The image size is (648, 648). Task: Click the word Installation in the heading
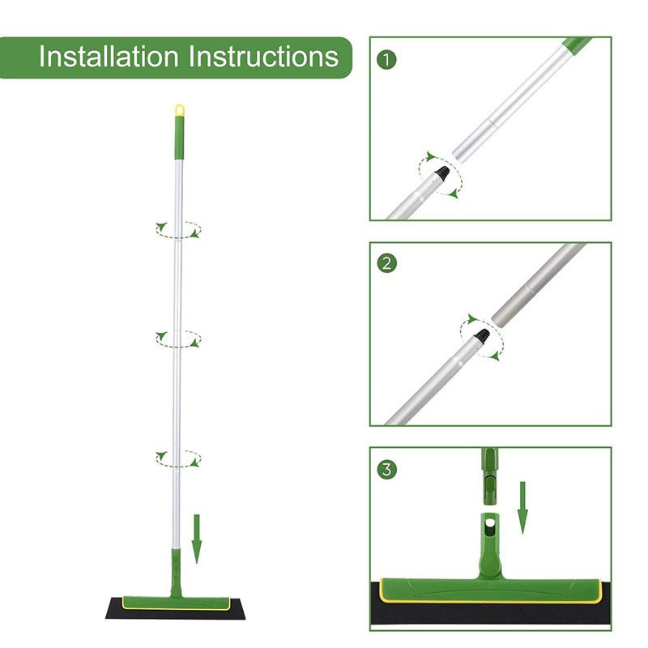109,57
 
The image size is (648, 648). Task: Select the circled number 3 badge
388,468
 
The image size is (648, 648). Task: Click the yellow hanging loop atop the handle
179,109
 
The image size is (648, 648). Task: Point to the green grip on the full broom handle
179,134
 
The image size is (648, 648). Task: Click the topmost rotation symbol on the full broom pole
178,230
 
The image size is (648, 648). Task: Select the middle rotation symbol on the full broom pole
178,338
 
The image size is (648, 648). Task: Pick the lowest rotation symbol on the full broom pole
178,458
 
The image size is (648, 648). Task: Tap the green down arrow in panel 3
522,507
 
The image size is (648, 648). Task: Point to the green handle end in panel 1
578,45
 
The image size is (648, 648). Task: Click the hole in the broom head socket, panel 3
489,526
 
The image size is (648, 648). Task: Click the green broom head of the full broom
174,600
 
